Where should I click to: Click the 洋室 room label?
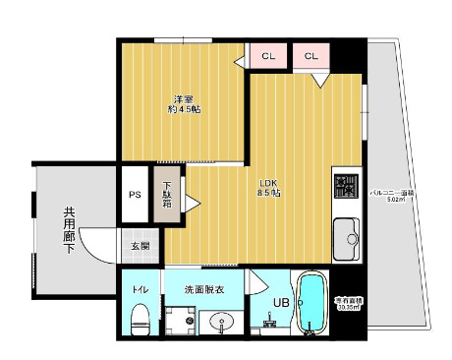click(x=184, y=99)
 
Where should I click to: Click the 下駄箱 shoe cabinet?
click(x=167, y=195)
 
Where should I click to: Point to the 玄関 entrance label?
click(x=139, y=246)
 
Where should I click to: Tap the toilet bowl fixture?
click(x=139, y=317)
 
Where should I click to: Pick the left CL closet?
click(x=267, y=56)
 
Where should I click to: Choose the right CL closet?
click(x=311, y=56)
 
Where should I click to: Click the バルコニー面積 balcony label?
click(x=391, y=195)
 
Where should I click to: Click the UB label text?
click(x=280, y=303)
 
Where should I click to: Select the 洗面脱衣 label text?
click(x=204, y=289)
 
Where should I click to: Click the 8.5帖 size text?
click(x=269, y=194)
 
